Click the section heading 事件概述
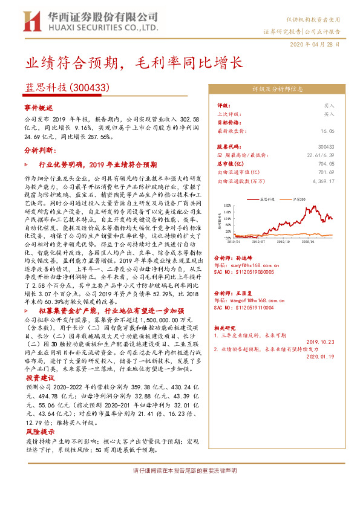pyautogui.click(x=39, y=107)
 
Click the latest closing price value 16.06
pyautogui.click(x=328, y=130)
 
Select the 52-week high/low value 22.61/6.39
pyautogui.click(x=320, y=155)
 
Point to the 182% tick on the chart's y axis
pyautogui.click(x=228, y=206)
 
